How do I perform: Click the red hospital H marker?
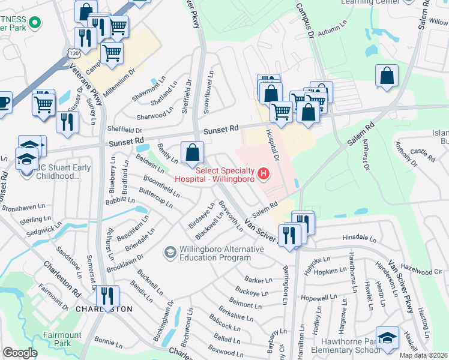point(262,175)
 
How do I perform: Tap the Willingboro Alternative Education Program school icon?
point(171,252)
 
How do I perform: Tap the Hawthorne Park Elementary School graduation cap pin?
point(387,338)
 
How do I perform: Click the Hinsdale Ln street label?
point(358,238)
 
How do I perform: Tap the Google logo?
point(20,353)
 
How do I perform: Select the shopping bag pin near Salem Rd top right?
point(387,76)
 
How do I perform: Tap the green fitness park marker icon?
point(34,23)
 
